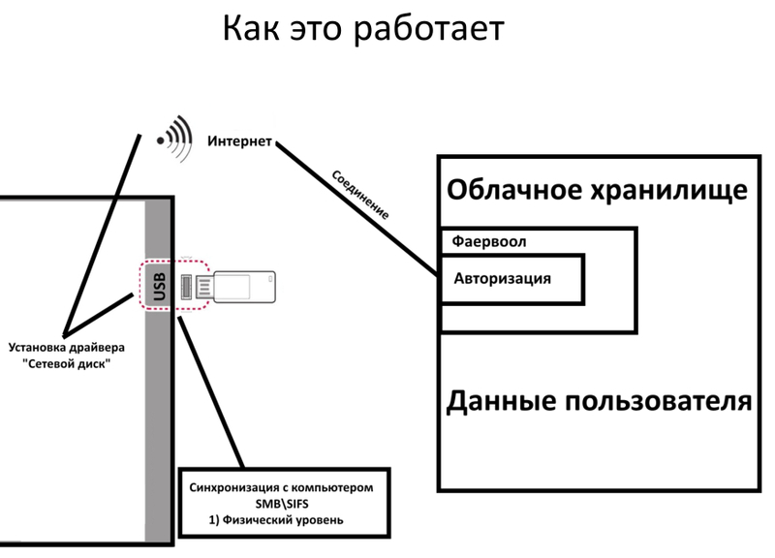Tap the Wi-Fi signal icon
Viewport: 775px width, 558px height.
(x=173, y=135)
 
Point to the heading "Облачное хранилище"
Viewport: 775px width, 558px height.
(x=597, y=188)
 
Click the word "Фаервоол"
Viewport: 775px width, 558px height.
(x=489, y=240)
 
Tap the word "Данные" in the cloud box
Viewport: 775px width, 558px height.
(x=508, y=399)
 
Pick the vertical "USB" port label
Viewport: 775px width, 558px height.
(x=160, y=285)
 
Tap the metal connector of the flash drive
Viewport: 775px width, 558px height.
(x=202, y=287)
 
